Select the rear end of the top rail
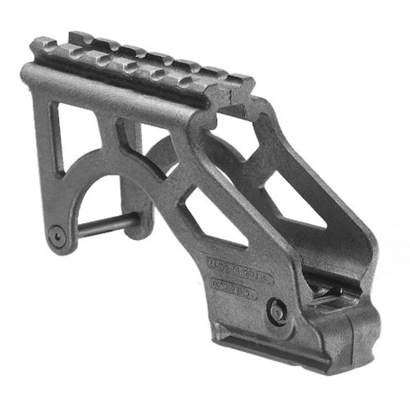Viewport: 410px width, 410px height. [44, 46]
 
